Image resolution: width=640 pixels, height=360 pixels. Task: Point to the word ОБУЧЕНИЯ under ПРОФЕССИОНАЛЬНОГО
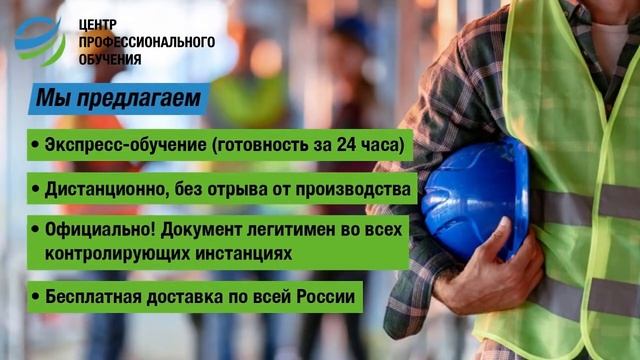click(x=113, y=60)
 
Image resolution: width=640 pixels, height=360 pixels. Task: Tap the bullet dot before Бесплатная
click(x=36, y=298)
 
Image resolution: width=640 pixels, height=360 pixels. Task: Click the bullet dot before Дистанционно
click(x=36, y=188)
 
